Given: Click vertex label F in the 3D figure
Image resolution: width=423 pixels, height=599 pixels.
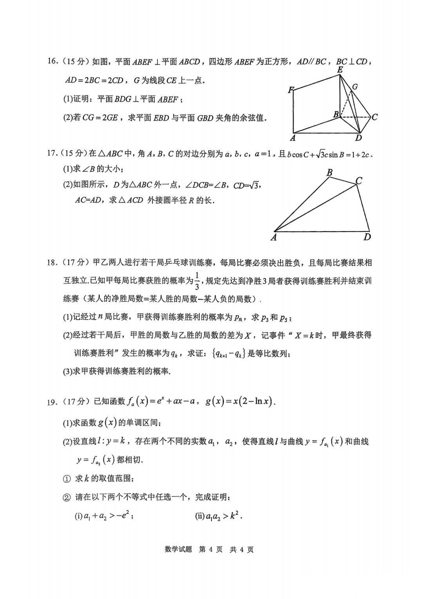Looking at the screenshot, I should tap(291, 90).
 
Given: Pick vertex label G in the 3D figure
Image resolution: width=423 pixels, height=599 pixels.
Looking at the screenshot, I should tap(355, 87).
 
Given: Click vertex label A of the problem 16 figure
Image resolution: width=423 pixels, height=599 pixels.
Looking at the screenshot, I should tap(293, 138).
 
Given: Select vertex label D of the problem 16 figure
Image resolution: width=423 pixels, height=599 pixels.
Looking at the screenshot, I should tap(358, 138).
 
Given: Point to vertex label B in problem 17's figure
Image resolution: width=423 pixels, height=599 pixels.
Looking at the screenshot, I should tap(329, 173).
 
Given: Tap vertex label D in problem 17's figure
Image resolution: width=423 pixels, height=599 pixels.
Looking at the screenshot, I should tap(367, 237).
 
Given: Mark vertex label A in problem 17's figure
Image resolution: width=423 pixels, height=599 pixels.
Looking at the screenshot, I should tap(273, 237).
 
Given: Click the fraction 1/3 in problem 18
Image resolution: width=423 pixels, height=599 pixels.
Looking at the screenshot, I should tap(197, 281).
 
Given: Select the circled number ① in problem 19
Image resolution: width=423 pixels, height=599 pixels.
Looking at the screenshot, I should tap(67, 479).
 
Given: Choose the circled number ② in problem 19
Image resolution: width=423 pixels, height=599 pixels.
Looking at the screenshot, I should tap(67, 497).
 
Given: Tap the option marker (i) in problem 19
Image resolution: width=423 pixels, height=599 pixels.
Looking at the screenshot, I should tap(78, 516).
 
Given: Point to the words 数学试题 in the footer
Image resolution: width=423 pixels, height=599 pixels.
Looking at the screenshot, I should tap(179, 550).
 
